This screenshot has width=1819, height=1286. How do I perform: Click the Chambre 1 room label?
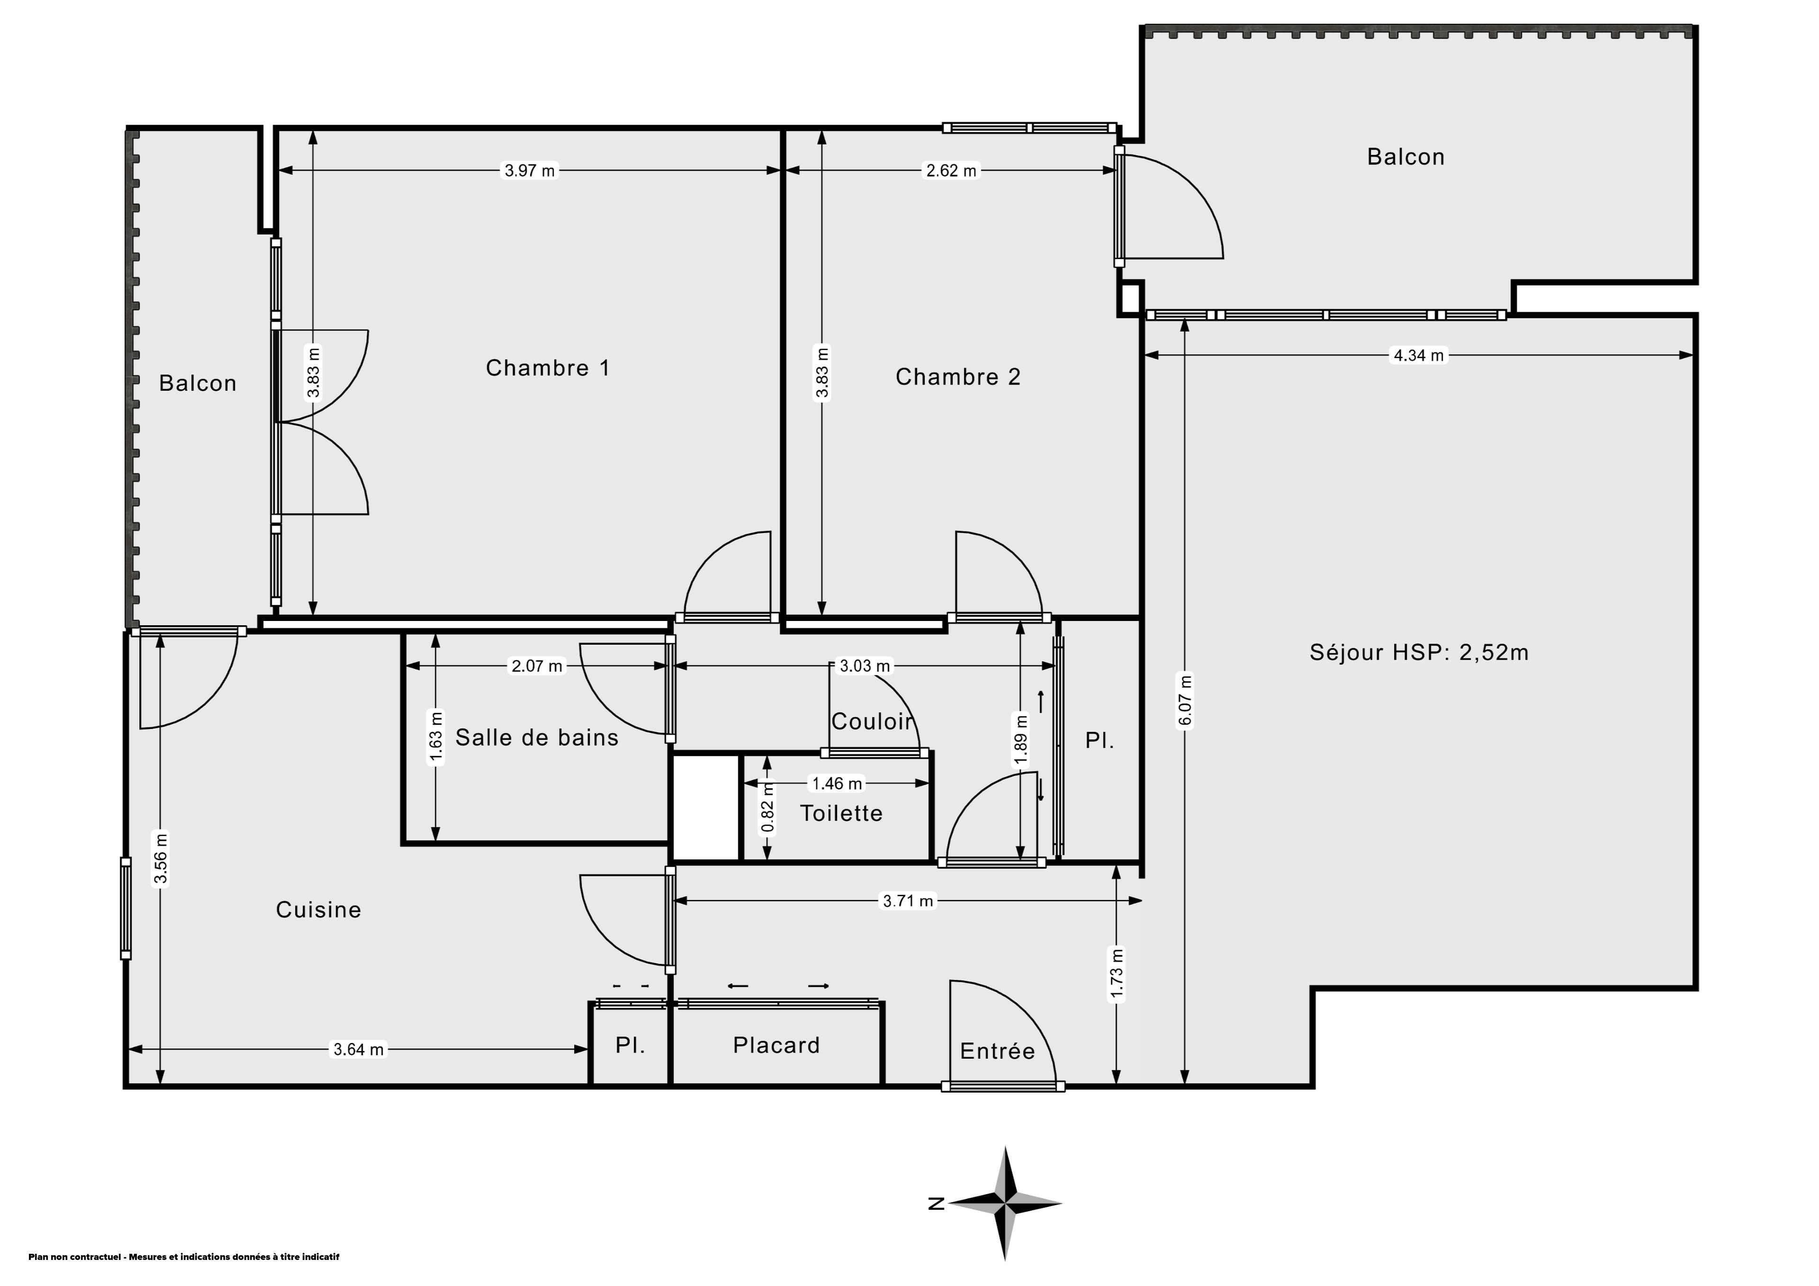(x=548, y=368)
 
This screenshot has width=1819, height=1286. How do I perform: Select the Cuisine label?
(x=318, y=909)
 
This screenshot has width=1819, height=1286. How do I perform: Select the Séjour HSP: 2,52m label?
(x=1419, y=652)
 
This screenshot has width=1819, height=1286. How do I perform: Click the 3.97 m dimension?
(x=530, y=171)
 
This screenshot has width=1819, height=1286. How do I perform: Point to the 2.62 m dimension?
(x=952, y=171)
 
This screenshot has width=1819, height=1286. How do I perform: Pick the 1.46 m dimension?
(x=837, y=783)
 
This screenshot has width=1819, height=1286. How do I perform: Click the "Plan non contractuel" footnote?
(x=184, y=1257)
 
